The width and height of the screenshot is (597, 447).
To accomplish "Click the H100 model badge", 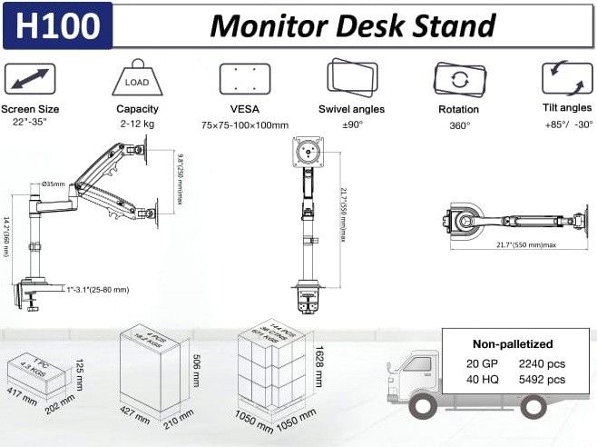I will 57,25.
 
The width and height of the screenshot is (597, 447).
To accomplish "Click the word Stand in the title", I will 455,25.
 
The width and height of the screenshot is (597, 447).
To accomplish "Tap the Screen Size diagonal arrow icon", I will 30,78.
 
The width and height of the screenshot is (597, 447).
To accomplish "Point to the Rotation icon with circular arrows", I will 459,79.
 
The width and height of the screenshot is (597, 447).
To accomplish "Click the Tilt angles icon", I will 567,78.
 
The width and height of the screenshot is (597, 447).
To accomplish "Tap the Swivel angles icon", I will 352,78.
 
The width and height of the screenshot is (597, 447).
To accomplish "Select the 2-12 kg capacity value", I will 137,124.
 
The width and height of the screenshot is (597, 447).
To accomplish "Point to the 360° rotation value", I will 459,125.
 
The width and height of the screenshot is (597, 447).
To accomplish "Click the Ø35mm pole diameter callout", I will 54,184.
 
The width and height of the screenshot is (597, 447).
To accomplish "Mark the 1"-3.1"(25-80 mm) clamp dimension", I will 97,290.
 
